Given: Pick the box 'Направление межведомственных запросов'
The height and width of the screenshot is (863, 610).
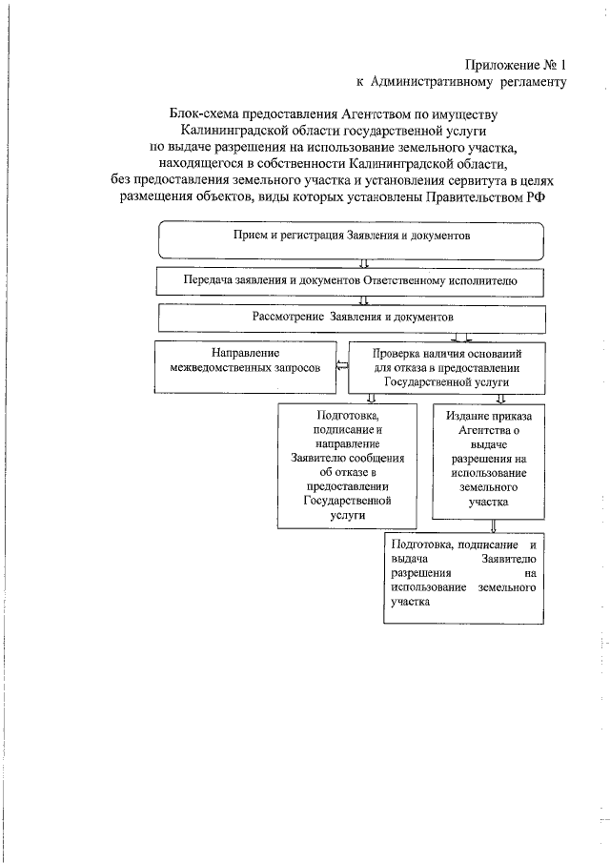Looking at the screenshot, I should pos(242,366).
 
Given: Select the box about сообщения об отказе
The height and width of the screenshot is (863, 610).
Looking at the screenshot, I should pos(348,463).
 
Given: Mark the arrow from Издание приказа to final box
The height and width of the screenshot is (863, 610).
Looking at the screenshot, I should pos(493,524).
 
